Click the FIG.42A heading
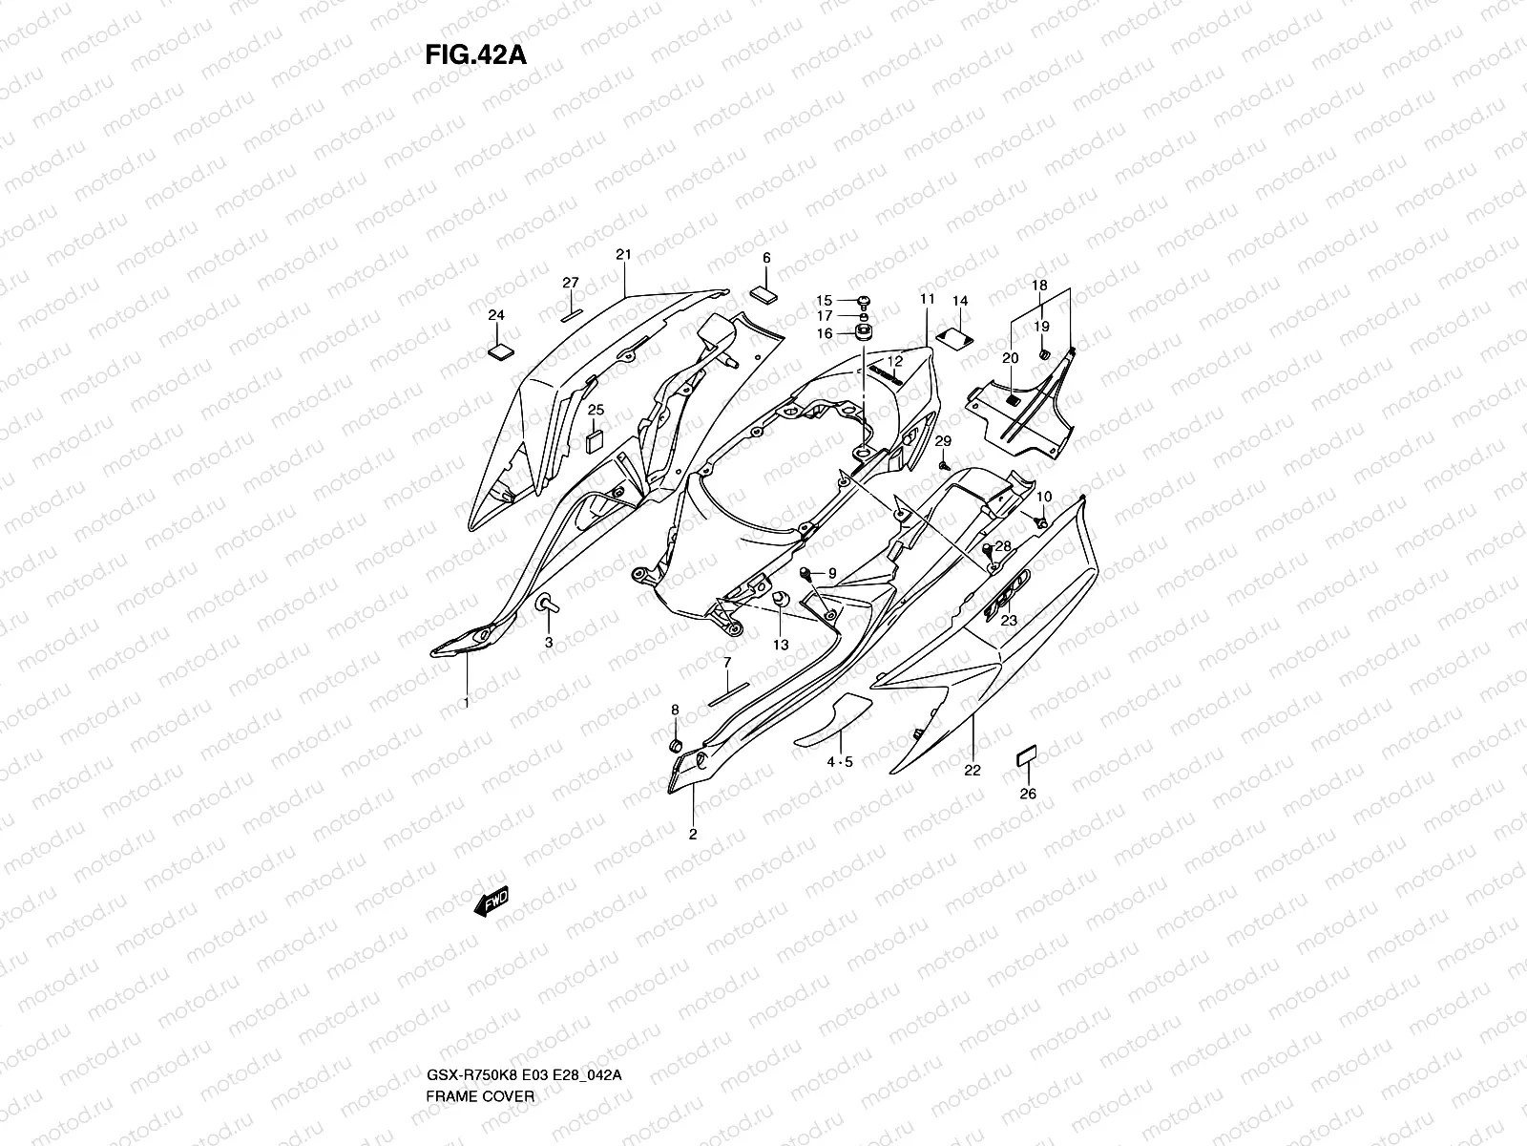[475, 54]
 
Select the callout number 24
[496, 315]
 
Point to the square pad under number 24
[499, 350]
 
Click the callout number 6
[765, 258]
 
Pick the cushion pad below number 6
[765, 292]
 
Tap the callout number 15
[824, 300]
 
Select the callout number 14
[960, 301]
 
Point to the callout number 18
[1040, 286]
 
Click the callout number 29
[943, 441]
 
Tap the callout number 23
[1009, 620]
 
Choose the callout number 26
[1028, 794]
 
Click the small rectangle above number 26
[1026, 757]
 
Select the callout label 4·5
[840, 761]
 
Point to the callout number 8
[675, 710]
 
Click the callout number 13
[781, 646]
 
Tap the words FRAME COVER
[480, 1043]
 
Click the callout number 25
[596, 411]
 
